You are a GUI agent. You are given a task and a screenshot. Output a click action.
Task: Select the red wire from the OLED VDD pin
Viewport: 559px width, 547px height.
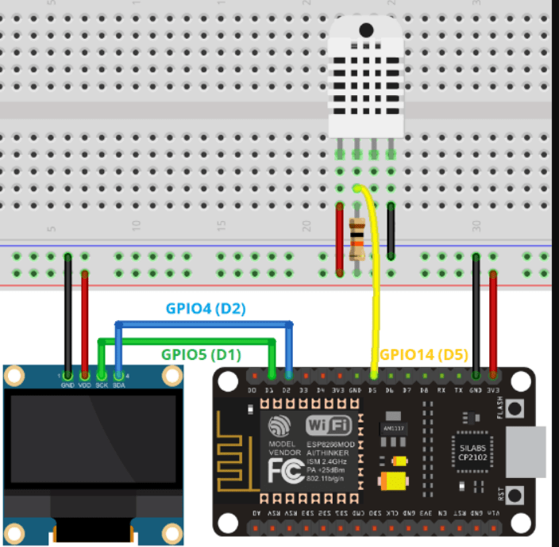click(x=85, y=321)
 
